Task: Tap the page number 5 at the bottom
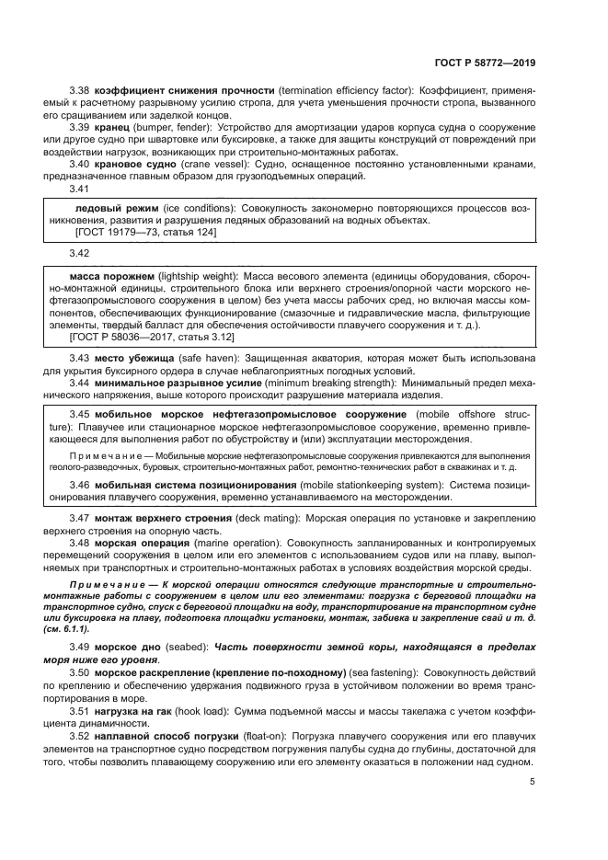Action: (x=532, y=783)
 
